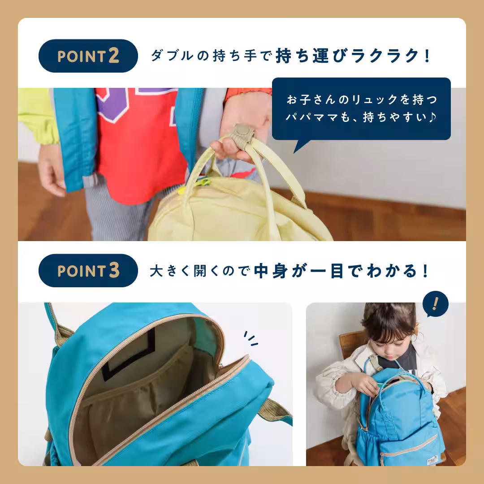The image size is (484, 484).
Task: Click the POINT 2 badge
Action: coord(88,56)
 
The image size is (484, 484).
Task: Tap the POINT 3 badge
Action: coord(88,271)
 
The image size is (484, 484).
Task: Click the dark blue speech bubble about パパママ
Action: coord(361,109)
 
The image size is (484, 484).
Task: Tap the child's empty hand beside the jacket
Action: coord(52,175)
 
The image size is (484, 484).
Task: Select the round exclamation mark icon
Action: coord(435,304)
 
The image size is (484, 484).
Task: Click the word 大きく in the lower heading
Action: coord(170,271)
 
